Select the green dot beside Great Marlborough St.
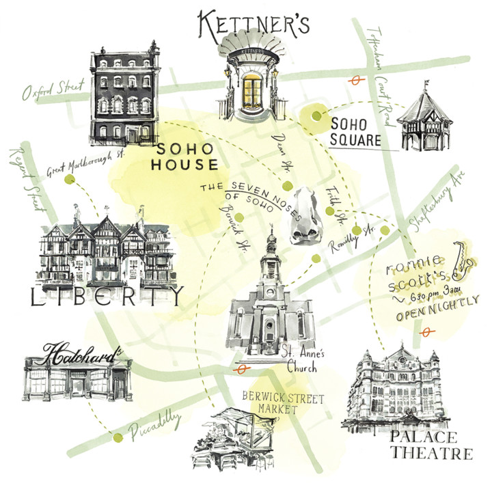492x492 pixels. click(x=69, y=179)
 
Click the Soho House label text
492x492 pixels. click(x=186, y=156)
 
